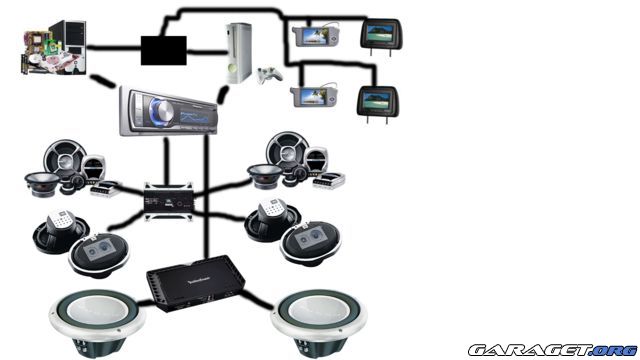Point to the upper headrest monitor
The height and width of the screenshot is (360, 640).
pos(381,35)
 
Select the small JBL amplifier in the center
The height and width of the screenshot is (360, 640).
pos(166,200)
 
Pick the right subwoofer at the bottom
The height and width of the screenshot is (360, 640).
pos(320,319)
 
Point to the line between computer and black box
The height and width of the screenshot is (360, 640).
pos(116,45)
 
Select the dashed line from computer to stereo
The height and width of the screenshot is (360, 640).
pos(102,80)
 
